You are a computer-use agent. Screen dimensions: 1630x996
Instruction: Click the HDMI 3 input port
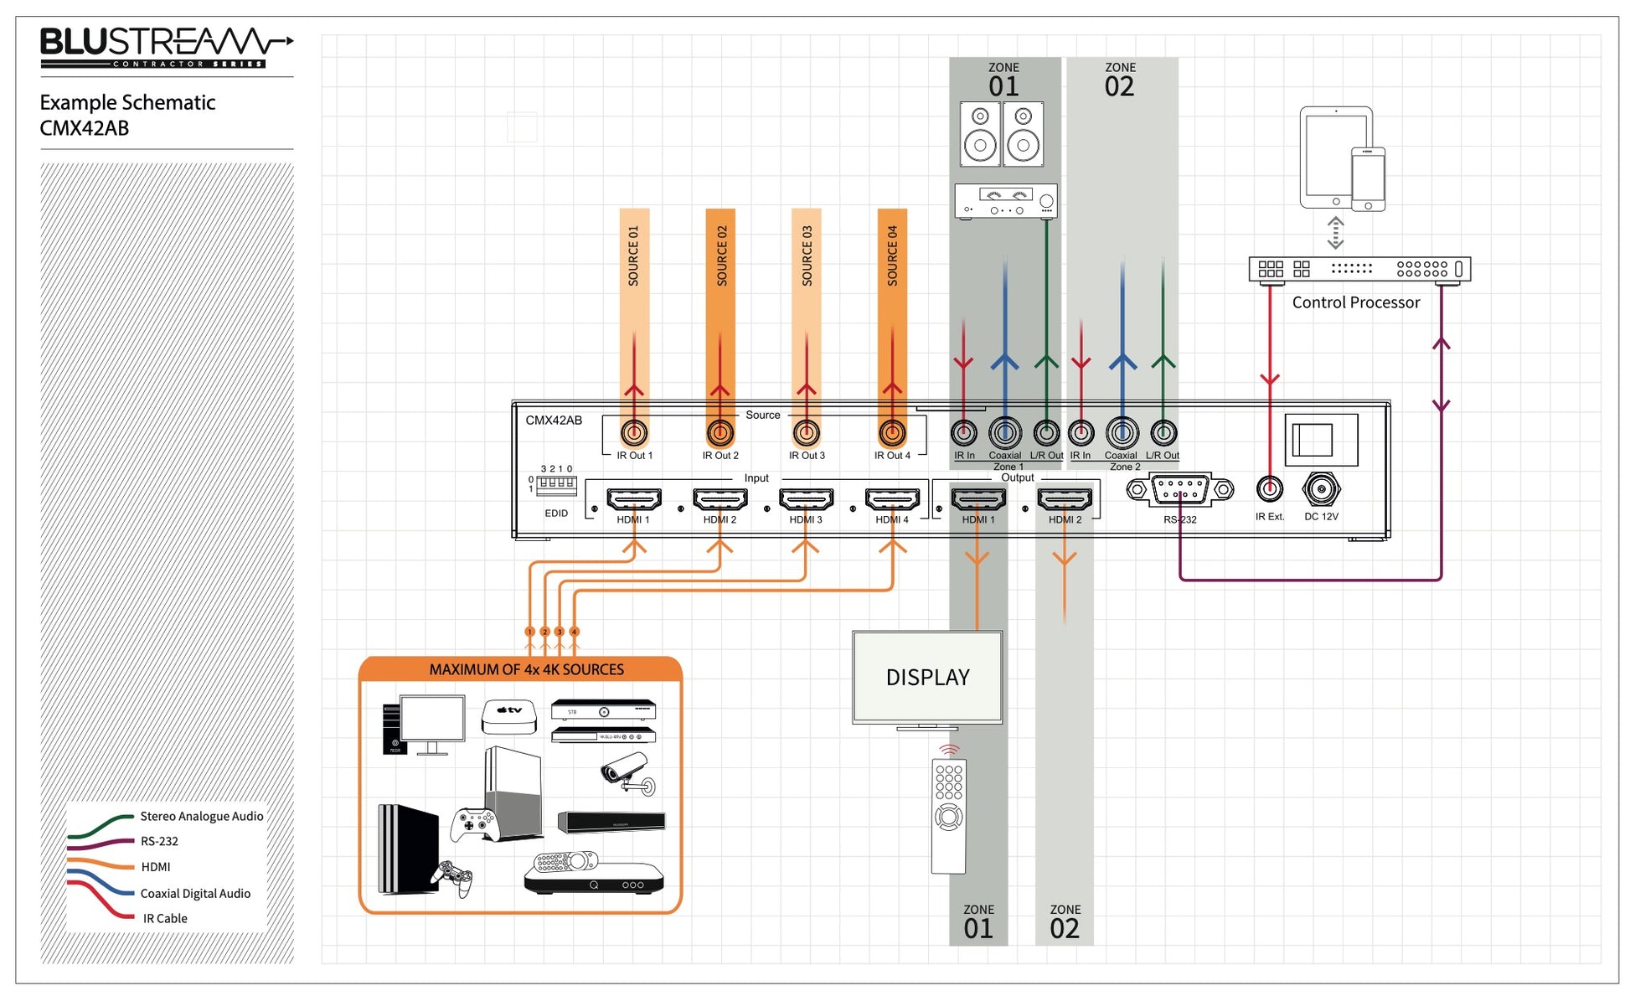click(806, 499)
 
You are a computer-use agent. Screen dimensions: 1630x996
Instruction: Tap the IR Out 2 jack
click(720, 433)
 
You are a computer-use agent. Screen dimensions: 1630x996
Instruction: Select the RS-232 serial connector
click(1180, 489)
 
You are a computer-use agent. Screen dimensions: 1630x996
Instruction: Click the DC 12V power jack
click(1321, 489)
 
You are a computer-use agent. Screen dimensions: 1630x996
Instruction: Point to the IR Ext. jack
click(1270, 488)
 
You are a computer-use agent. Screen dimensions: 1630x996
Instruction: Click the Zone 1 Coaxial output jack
click(1005, 433)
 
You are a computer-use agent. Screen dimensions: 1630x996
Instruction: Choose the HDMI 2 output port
click(1065, 499)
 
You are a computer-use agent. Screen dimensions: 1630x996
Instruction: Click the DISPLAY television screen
click(927, 678)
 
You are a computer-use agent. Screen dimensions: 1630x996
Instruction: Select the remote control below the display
click(949, 816)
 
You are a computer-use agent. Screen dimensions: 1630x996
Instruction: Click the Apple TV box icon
click(509, 716)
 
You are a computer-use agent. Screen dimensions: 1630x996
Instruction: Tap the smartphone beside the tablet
click(1368, 179)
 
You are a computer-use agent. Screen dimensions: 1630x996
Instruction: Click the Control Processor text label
click(1356, 302)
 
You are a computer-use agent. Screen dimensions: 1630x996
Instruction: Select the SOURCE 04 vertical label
click(893, 255)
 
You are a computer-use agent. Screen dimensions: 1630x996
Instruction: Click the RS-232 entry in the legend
click(159, 841)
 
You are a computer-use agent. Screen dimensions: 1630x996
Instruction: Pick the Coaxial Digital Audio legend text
click(195, 894)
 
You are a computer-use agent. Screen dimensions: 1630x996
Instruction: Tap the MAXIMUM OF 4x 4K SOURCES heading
click(526, 669)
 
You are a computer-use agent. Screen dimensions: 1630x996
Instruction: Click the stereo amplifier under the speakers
click(1006, 201)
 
